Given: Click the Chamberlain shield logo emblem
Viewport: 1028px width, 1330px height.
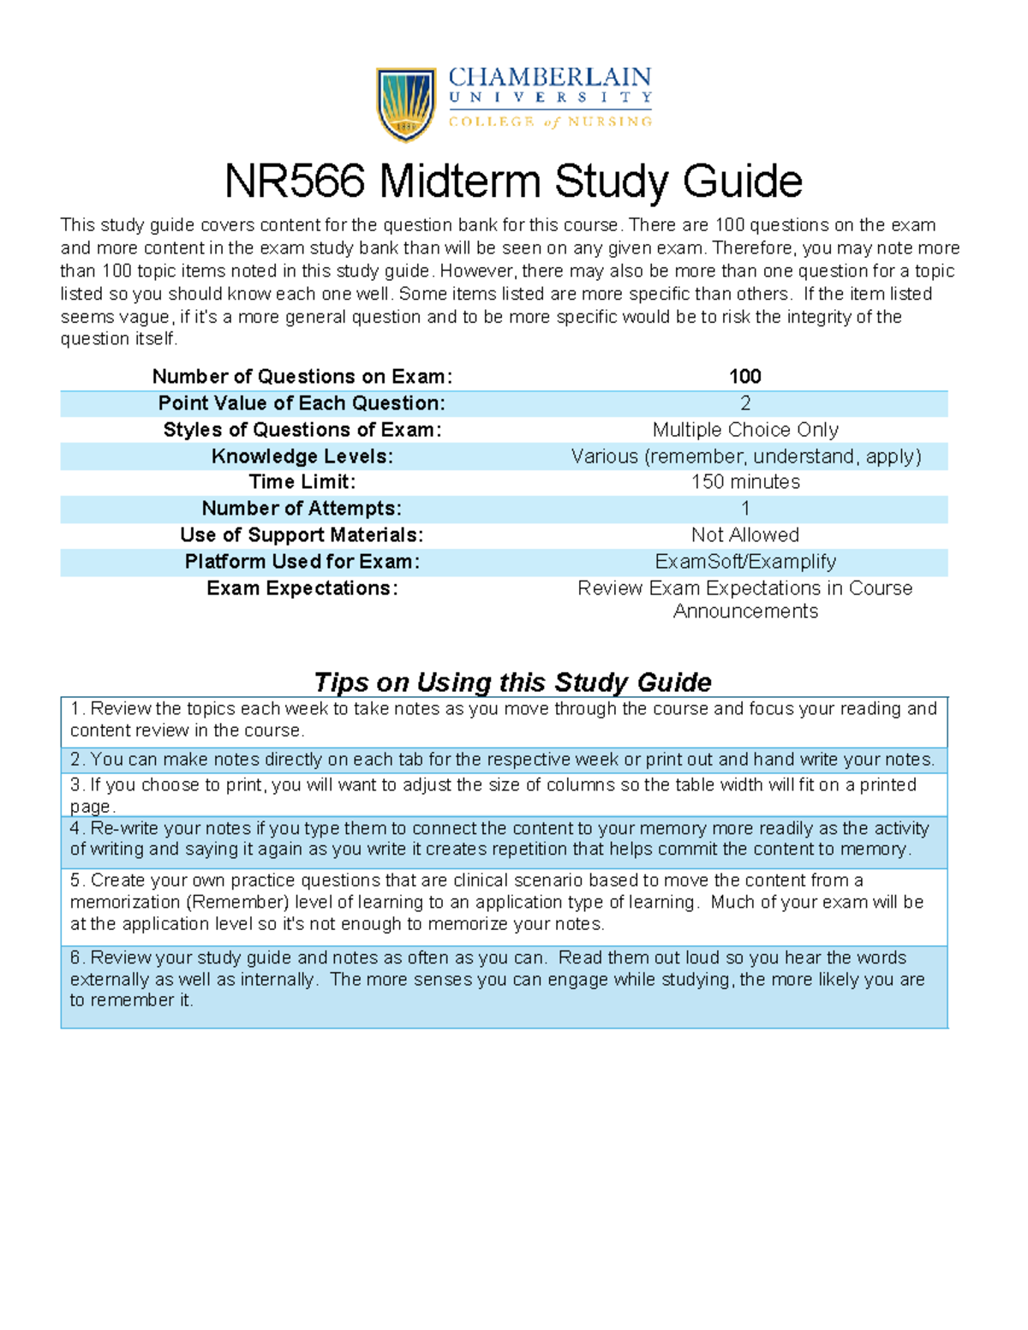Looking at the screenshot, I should point(406,104).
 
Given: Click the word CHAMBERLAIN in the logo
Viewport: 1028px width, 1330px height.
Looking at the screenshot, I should point(550,78).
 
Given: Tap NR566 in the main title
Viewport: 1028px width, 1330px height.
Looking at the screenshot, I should point(295,182).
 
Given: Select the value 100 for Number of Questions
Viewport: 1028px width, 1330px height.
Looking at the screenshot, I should point(744,377).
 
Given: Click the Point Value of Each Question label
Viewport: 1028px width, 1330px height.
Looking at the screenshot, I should point(302,403).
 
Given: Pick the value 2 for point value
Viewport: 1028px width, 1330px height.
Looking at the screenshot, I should point(744,403).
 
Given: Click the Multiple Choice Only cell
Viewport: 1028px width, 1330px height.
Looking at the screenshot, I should point(744,430).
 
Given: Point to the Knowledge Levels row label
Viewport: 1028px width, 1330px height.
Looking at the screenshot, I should point(302,456).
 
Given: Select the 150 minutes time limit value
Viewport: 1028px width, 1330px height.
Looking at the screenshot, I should point(744,482).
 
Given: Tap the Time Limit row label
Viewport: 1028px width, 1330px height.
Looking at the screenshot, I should point(302,482).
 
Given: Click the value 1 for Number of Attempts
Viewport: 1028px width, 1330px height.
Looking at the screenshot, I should point(744,509).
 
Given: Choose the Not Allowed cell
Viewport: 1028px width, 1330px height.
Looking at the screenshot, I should point(744,535).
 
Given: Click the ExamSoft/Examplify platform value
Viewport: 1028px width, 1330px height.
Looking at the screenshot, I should point(744,562).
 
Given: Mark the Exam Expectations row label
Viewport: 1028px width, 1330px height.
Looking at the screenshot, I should point(302,588).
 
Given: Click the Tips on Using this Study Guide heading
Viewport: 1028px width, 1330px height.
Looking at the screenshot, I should point(512,682).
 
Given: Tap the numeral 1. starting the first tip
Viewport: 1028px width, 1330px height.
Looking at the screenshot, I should point(78,709).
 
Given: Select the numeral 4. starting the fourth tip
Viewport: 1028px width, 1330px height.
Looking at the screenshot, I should point(78,828).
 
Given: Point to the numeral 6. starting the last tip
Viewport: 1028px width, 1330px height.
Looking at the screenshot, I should point(78,957).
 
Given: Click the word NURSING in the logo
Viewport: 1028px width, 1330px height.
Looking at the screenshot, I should point(610,122).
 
